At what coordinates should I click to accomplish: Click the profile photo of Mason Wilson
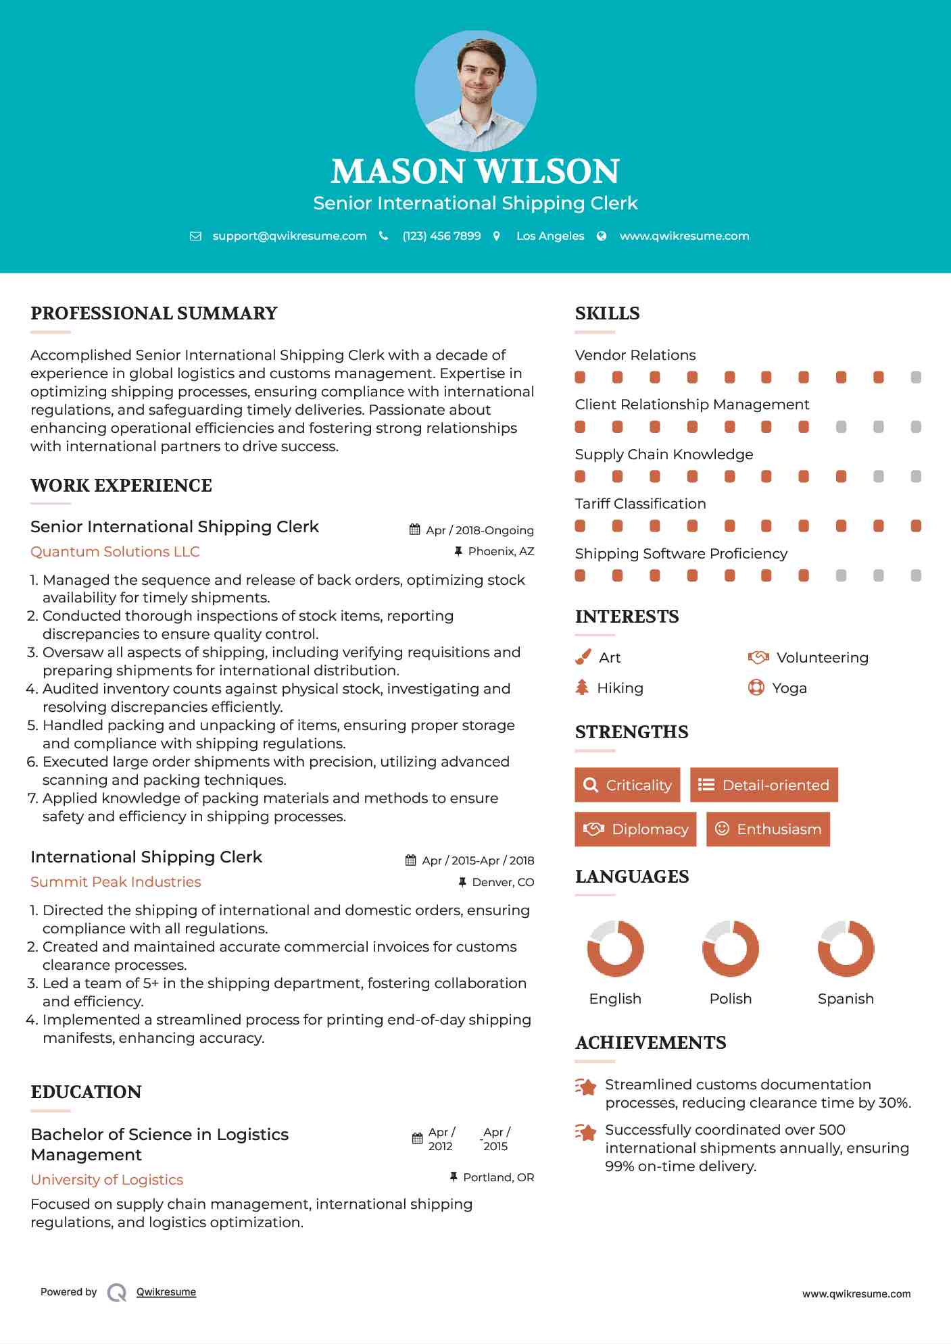pyautogui.click(x=475, y=91)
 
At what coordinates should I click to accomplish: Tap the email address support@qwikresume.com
pyautogui.click(x=289, y=236)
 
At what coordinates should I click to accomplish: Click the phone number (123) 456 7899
pyautogui.click(x=441, y=236)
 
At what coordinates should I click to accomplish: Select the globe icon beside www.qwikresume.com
pyautogui.click(x=602, y=236)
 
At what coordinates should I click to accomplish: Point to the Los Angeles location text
pyautogui.click(x=550, y=236)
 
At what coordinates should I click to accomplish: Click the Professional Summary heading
pyautogui.click(x=154, y=313)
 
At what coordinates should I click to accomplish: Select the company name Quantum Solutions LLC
pyautogui.click(x=115, y=552)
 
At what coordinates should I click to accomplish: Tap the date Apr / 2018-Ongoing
pyautogui.click(x=479, y=530)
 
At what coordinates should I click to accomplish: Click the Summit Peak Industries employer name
pyautogui.click(x=116, y=882)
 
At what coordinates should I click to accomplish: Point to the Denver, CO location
pyautogui.click(x=503, y=882)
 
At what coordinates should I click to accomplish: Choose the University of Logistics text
pyautogui.click(x=107, y=1180)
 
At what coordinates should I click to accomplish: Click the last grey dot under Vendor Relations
pyautogui.click(x=916, y=377)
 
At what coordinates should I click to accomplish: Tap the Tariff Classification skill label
pyautogui.click(x=640, y=504)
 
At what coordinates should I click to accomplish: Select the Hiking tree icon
pyautogui.click(x=582, y=688)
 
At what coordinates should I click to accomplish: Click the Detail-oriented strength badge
pyautogui.click(x=764, y=785)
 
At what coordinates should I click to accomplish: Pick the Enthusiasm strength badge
pyautogui.click(x=768, y=829)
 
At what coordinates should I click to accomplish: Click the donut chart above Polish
pyautogui.click(x=730, y=948)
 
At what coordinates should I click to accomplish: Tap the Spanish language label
pyautogui.click(x=846, y=999)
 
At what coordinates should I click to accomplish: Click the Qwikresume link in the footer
pyautogui.click(x=166, y=1292)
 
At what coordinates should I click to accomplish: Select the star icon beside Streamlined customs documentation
pyautogui.click(x=585, y=1087)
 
